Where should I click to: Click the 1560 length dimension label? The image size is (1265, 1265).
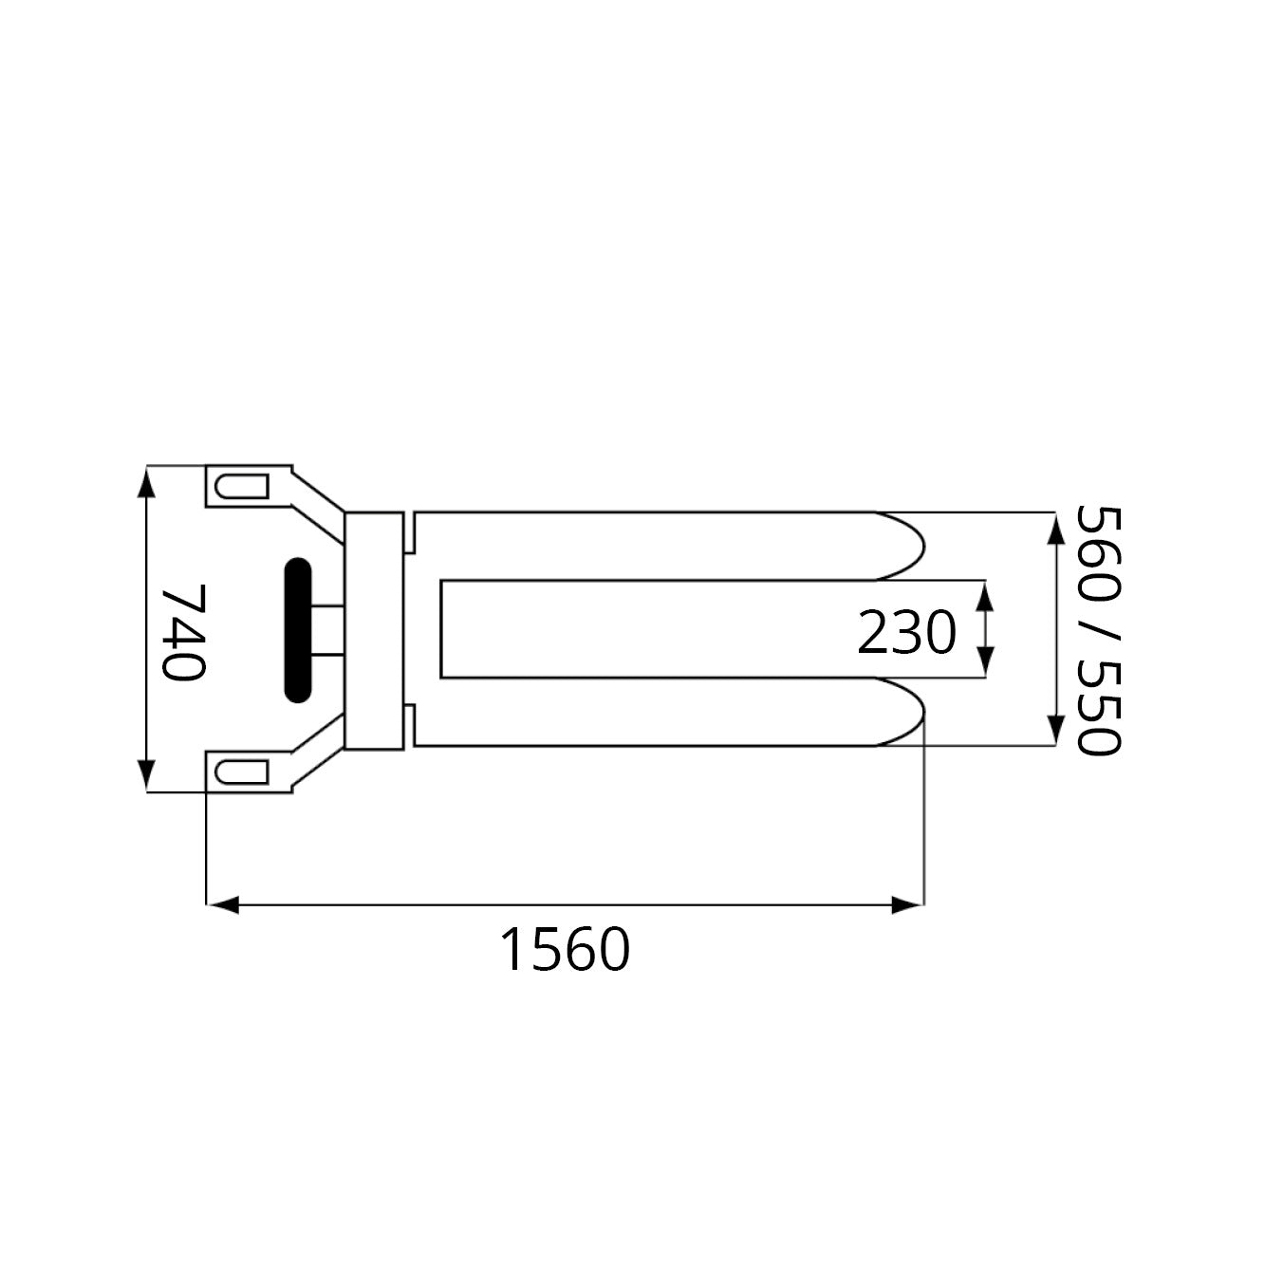pos(566,950)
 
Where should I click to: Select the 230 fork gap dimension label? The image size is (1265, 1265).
pos(906,632)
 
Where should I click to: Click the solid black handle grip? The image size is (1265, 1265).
pos(298,630)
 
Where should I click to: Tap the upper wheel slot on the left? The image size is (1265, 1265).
pos(242,487)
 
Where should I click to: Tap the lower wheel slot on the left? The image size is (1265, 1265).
pos(242,772)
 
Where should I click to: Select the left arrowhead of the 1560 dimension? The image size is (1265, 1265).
pos(222,904)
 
